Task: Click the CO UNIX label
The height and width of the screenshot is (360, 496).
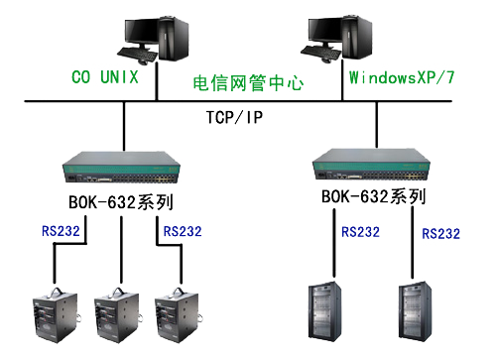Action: pos(105,76)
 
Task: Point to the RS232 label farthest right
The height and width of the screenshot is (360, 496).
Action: pos(441,234)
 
